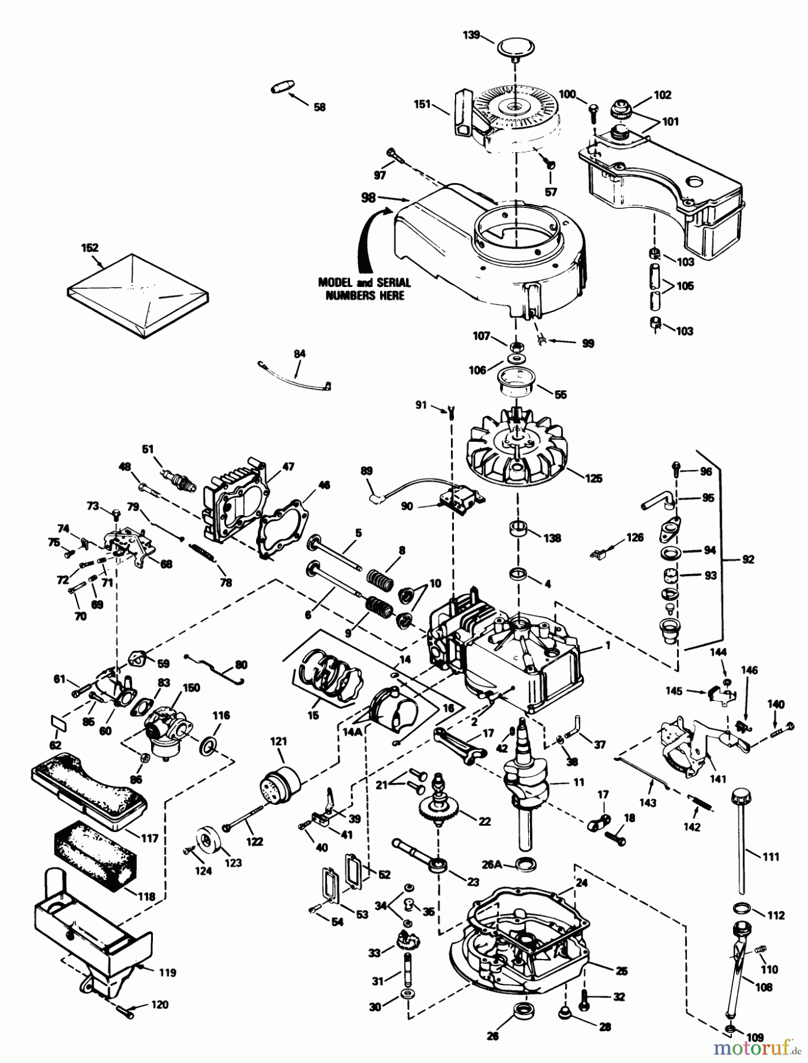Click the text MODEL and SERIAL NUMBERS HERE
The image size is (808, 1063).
click(x=364, y=288)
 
